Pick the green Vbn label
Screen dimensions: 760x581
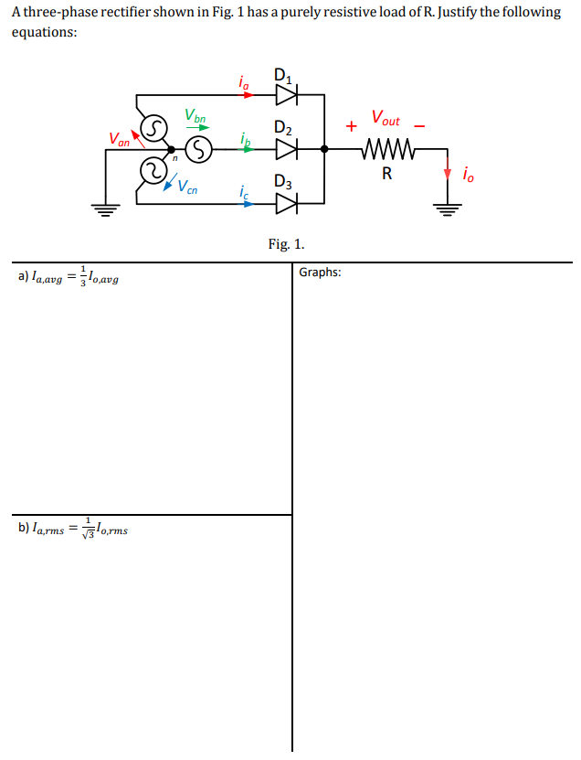[195, 116]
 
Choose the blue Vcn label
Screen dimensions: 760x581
[186, 188]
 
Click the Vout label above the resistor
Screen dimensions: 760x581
[386, 119]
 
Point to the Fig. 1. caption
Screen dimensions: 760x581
[286, 244]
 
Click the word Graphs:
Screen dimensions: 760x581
[320, 273]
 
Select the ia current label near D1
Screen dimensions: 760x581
[242, 83]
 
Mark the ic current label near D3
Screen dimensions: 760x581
[242, 193]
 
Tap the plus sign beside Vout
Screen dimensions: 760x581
[351, 126]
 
